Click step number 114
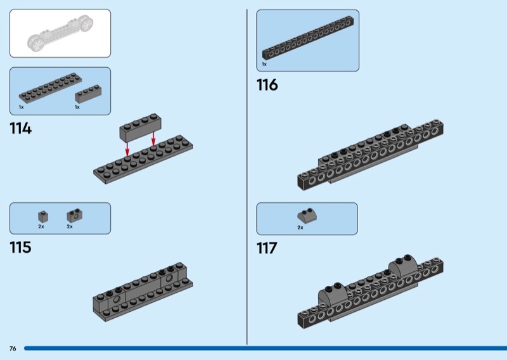(20, 129)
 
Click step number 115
(20, 247)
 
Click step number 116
(267, 85)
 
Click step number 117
(267, 248)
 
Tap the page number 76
(13, 349)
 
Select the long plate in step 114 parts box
(50, 87)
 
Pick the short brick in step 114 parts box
(87, 94)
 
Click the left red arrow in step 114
(127, 148)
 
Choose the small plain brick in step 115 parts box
(42, 215)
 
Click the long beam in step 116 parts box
(307, 41)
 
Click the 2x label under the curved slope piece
(300, 227)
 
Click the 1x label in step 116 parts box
(264, 64)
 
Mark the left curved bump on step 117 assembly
(335, 292)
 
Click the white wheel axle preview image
(60, 34)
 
